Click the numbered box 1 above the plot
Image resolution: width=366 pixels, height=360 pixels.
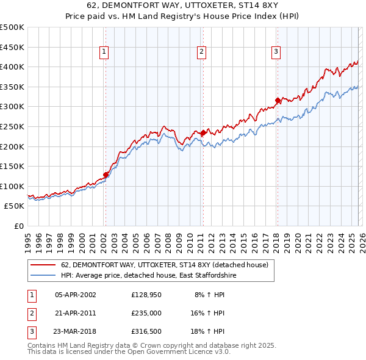pos(105,52)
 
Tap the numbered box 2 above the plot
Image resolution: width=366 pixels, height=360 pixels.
pos(201,52)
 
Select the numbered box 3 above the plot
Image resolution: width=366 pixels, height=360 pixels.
pos(276,52)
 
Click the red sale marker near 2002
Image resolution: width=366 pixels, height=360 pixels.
pos(106,175)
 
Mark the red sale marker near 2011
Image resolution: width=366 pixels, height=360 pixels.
pos(203,132)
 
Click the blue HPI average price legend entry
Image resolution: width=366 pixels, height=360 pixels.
pos(148,276)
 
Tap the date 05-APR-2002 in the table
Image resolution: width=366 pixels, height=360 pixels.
pos(75,295)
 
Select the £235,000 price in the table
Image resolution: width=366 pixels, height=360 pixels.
pos(146,313)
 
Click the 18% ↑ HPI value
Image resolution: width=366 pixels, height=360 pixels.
pos(209,331)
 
